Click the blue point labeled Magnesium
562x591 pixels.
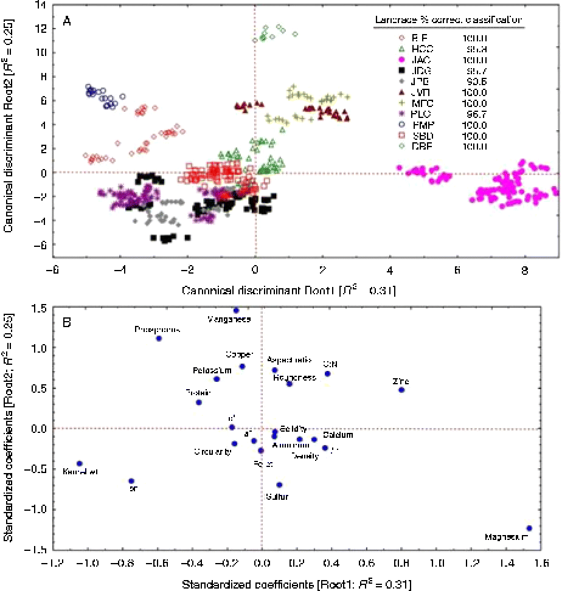[x=529, y=528]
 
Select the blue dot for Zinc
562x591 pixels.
[x=401, y=390]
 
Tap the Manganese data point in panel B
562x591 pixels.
[x=236, y=310]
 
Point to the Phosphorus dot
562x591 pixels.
[x=159, y=339]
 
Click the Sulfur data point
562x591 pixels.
[x=279, y=485]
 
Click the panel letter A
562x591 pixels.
[x=68, y=22]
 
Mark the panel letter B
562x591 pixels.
[x=68, y=321]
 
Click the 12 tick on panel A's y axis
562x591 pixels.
[x=42, y=29]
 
